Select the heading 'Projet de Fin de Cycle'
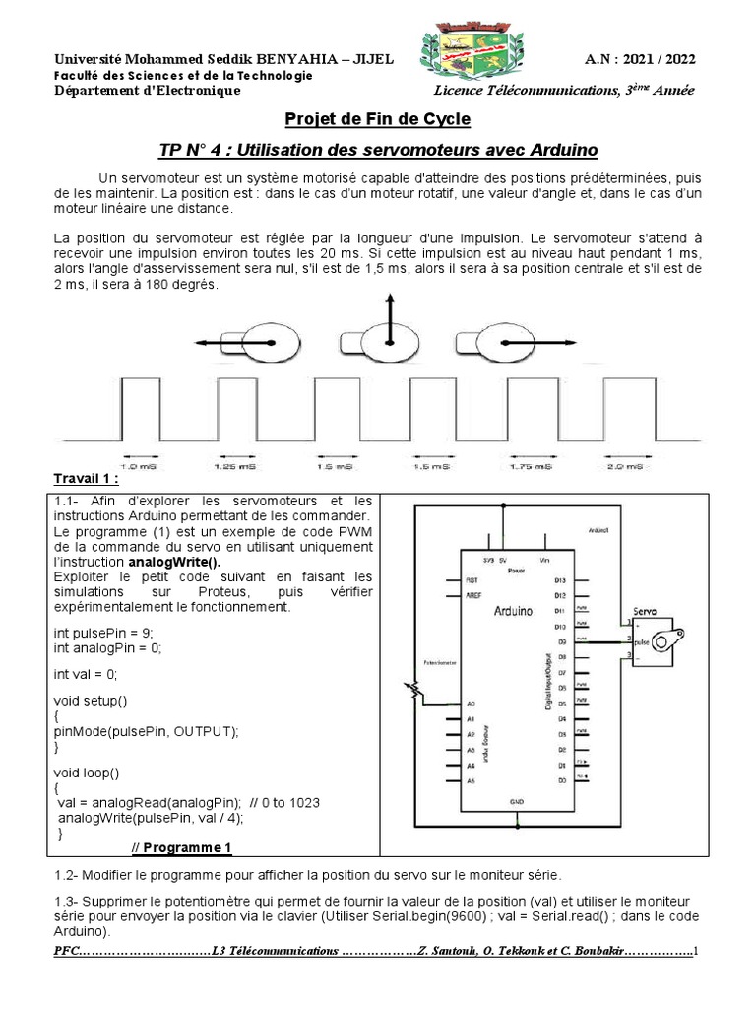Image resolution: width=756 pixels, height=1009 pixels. pos(377,119)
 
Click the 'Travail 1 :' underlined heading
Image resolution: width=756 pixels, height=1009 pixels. pos(87,480)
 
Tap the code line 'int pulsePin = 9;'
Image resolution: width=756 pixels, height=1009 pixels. pos(103,632)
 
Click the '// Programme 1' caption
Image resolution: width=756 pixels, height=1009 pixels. pos(182,847)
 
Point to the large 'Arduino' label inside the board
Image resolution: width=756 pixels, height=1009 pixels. pos(513,611)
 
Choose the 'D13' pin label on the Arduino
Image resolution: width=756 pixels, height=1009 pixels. pos(560,581)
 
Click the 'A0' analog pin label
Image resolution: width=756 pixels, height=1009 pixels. pos(472,704)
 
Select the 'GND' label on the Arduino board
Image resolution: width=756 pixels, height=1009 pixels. pos(516,802)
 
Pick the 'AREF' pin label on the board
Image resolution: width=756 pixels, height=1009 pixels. pos(473,596)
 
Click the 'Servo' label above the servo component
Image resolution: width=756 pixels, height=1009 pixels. pos(647,610)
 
